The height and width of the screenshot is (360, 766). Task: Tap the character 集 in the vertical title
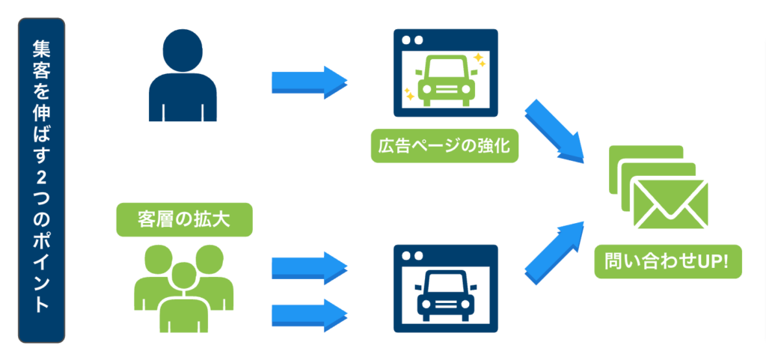coord(42,49)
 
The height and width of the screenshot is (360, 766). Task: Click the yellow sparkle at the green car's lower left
coord(409,94)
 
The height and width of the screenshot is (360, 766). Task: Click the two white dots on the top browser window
coord(413,40)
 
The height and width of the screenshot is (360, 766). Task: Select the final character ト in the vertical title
coord(42,306)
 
